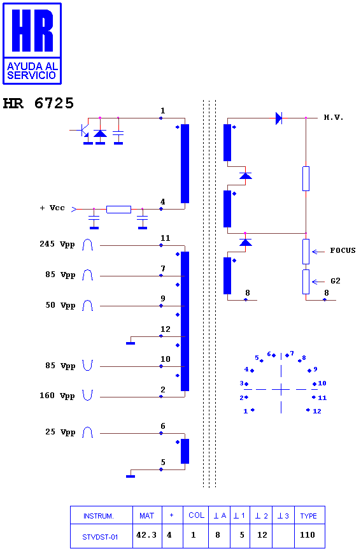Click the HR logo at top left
point(32,43)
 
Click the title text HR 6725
point(38,103)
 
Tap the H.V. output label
point(333,117)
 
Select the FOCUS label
point(343,250)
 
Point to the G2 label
point(336,281)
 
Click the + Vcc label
point(52,208)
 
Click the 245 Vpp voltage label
point(57,244)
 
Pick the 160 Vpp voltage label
point(57,396)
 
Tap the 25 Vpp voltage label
point(60,432)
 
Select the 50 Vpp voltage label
point(60,305)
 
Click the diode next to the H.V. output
point(279,118)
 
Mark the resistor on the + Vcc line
point(118,210)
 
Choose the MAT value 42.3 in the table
point(146,535)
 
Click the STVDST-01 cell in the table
point(100,537)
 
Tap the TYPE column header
point(308,516)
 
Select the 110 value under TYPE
point(308,535)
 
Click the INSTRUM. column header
point(98,516)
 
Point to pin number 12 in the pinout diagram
point(317,411)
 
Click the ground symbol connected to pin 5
point(131,476)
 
